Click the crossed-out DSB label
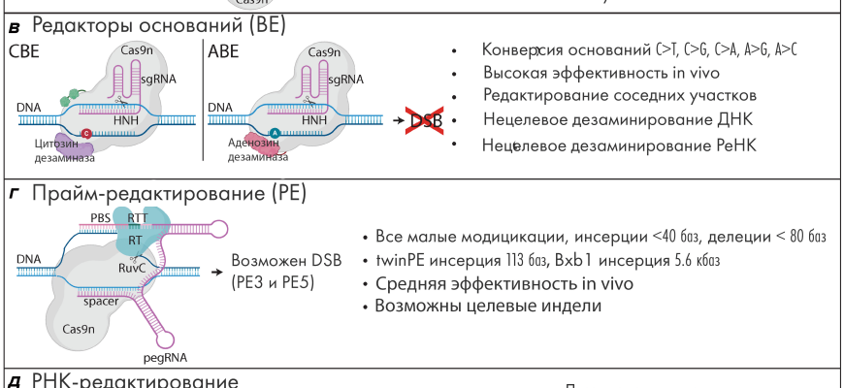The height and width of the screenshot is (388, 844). [x=425, y=120]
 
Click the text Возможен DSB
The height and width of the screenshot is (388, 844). [x=273, y=263]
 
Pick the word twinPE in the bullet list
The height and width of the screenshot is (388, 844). [x=396, y=261]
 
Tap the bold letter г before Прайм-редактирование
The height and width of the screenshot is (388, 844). [x=13, y=196]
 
